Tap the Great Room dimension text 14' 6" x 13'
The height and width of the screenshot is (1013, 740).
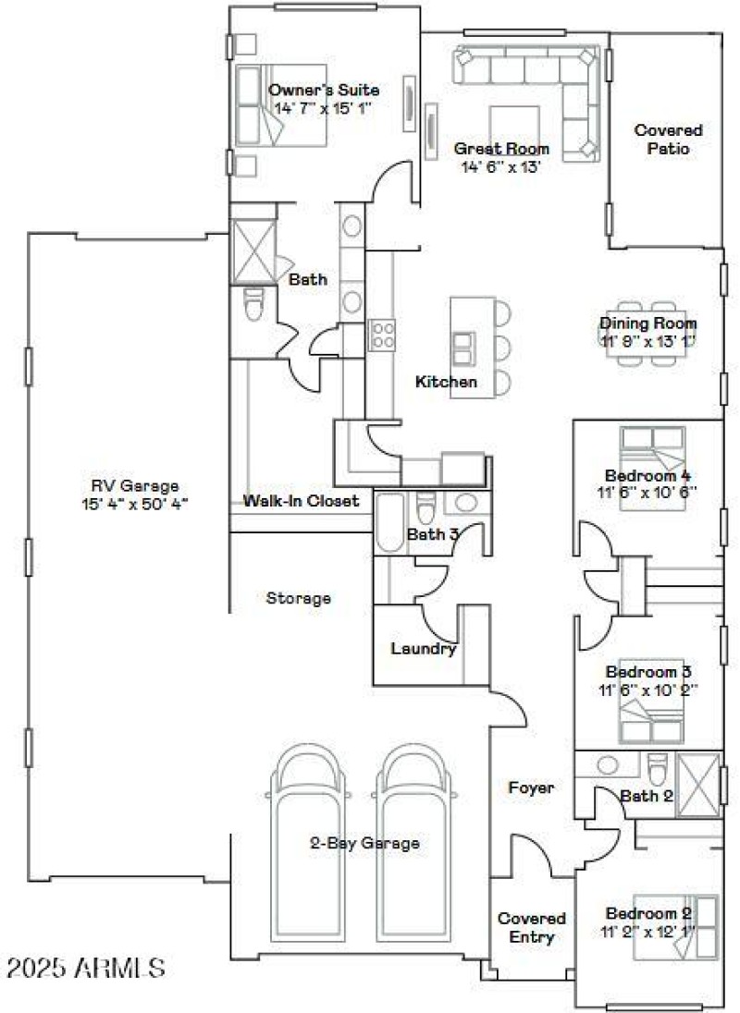pyautogui.click(x=500, y=167)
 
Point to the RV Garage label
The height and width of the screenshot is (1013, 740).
pyautogui.click(x=134, y=486)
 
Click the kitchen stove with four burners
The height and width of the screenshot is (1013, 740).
pyautogui.click(x=382, y=335)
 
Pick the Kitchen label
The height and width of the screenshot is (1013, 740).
pyautogui.click(x=446, y=382)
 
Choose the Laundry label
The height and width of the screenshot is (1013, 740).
pyautogui.click(x=424, y=649)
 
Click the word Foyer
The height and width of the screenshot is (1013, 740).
pyautogui.click(x=532, y=787)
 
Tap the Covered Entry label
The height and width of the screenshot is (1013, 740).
pyautogui.click(x=532, y=928)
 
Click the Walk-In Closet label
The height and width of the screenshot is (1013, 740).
pyautogui.click(x=301, y=501)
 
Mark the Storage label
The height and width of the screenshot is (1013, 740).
pyautogui.click(x=298, y=598)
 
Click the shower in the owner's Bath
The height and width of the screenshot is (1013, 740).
pyautogui.click(x=251, y=250)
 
